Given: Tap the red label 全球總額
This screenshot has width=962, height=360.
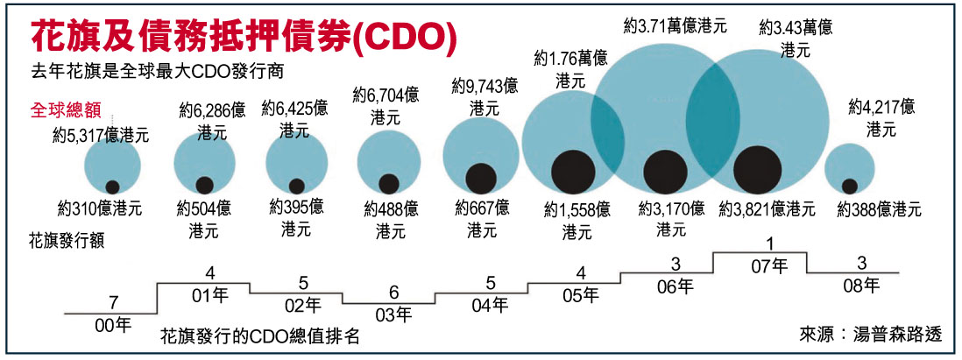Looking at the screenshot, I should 67,111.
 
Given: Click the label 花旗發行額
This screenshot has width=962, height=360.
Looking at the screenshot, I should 67,241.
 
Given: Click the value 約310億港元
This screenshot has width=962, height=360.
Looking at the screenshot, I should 99,209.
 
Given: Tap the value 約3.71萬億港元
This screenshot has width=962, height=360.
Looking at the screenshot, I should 675,26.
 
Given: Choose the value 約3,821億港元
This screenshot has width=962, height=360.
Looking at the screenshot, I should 767,209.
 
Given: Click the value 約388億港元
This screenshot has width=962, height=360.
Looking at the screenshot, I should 879,209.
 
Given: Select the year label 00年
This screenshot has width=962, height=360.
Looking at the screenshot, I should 113,325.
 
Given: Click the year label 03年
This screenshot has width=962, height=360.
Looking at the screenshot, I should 393,314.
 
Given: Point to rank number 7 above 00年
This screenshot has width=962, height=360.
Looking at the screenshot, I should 113,302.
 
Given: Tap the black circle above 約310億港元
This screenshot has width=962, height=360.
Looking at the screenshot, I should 112,186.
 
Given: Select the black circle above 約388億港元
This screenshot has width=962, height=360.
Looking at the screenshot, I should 849,186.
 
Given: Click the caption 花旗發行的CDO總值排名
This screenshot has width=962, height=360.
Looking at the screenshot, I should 260,335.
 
